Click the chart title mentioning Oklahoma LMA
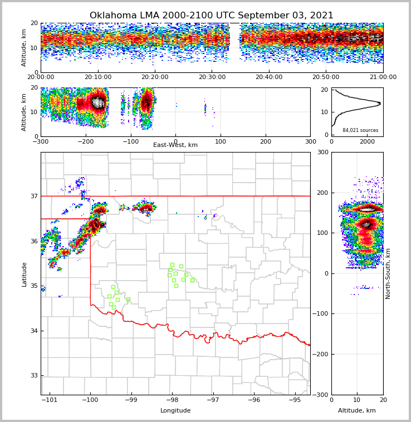coord(211,16)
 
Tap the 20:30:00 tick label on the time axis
coord(212,77)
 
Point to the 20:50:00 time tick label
coord(326,77)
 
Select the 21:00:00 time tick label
coord(383,77)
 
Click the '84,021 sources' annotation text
coord(360,130)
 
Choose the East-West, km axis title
coord(175,145)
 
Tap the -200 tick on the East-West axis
coord(84,141)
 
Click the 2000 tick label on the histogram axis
coord(367,141)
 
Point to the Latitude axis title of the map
coord(25,274)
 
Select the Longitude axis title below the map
coord(175,411)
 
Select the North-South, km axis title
coord(389,273)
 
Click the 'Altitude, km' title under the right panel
coord(357,411)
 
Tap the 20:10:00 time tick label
coord(98,77)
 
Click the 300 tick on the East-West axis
coord(310,141)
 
